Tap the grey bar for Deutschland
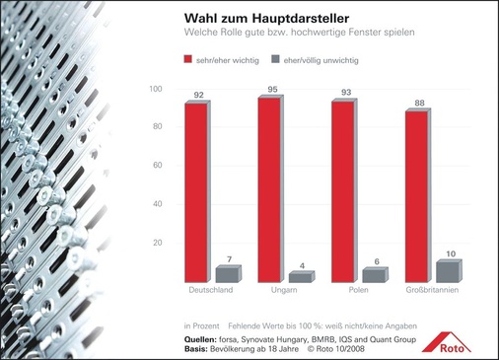[x=227, y=274]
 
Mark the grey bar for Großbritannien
[x=447, y=271]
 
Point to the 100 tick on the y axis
[x=155, y=90]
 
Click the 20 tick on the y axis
[x=157, y=243]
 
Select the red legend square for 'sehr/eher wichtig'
[x=188, y=59]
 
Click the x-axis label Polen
[x=359, y=291]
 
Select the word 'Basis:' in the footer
[x=198, y=348]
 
